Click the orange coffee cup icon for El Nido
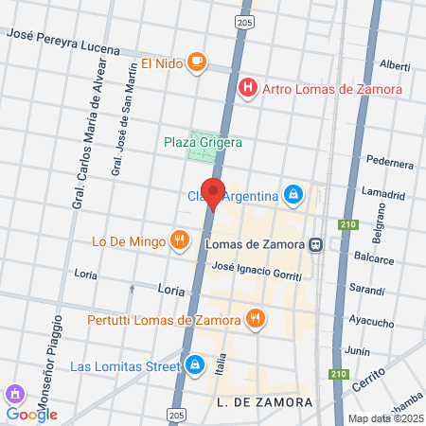coord(196,62)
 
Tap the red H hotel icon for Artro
coord(248,89)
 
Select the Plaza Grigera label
coord(203,142)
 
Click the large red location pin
coord(213,193)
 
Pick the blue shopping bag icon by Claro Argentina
coord(294,195)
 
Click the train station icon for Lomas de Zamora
coord(314,243)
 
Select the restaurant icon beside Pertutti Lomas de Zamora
coord(254,319)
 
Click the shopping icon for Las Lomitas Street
coord(194,364)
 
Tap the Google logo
coord(32,414)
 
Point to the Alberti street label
coord(395,66)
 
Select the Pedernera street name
coord(389,161)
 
